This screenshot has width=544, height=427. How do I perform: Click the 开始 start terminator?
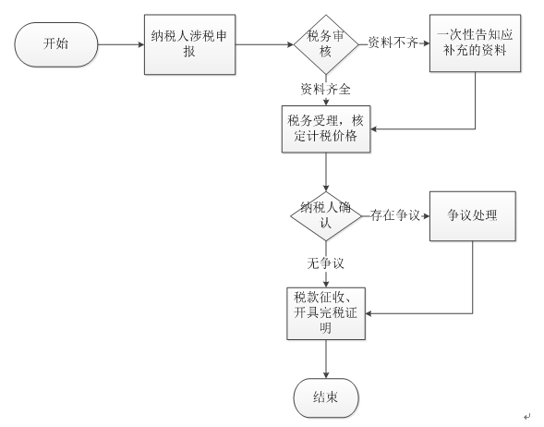(56, 44)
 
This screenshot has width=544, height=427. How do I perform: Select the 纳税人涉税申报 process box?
(189, 44)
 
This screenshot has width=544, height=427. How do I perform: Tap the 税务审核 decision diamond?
(326, 44)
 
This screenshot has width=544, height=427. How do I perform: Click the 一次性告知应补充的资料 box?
(475, 43)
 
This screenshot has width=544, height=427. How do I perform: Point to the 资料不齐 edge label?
(393, 43)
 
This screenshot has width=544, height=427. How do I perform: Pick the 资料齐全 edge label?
(325, 90)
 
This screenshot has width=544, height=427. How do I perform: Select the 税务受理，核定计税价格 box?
(326, 129)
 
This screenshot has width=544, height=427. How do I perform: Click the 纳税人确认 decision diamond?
(326, 216)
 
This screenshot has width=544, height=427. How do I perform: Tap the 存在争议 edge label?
(394, 215)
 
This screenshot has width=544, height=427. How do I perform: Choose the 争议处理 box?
(473, 216)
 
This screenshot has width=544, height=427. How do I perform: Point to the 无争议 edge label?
(325, 263)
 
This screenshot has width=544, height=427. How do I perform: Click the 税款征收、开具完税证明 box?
(326, 313)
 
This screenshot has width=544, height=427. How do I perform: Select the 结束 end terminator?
(326, 397)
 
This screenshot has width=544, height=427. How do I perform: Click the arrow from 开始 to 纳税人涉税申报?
(121, 44)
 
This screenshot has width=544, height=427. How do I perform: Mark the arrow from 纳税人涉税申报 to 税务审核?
(265, 44)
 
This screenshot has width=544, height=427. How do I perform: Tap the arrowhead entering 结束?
(326, 375)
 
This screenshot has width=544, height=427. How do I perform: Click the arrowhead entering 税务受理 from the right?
(373, 129)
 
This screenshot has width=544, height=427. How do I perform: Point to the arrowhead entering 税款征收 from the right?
(369, 313)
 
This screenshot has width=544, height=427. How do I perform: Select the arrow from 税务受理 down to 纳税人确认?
(326, 172)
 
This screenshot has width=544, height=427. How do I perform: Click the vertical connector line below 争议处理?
(473, 277)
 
